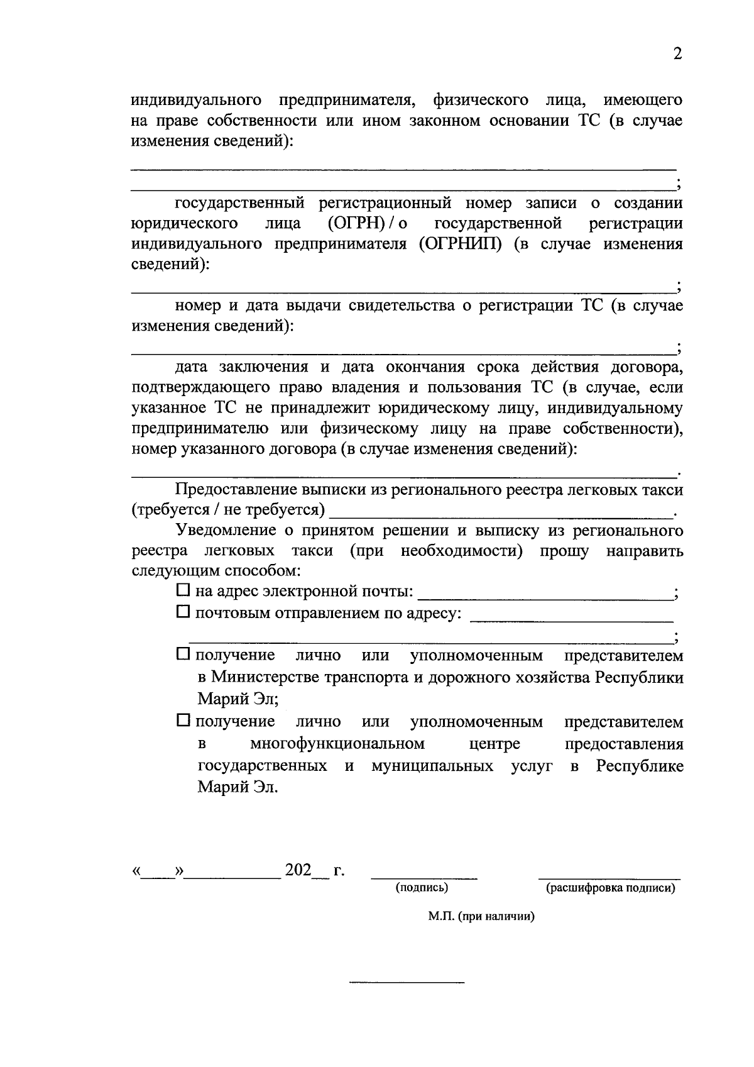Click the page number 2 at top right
pyautogui.click(x=677, y=54)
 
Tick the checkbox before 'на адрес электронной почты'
pyautogui.click(x=183, y=590)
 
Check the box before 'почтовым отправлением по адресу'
pyautogui.click(x=183, y=611)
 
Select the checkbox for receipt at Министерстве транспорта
pyautogui.click(x=183, y=655)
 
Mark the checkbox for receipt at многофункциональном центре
pyautogui.click(x=183, y=721)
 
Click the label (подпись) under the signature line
pyautogui.click(x=421, y=888)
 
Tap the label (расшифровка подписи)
pyautogui.click(x=610, y=888)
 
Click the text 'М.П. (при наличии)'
pyautogui.click(x=481, y=917)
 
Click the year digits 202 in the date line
pyautogui.click(x=298, y=870)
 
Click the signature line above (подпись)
pyautogui.click(x=424, y=876)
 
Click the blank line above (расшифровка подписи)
pyautogui.click(x=609, y=876)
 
